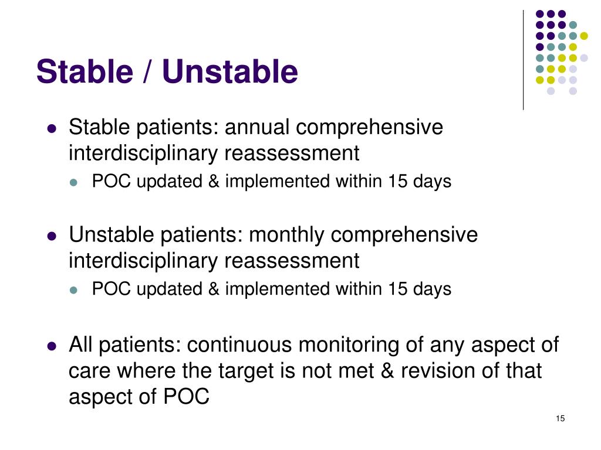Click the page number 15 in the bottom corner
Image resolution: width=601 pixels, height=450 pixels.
[559, 418]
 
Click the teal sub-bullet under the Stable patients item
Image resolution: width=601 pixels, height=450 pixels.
[74, 182]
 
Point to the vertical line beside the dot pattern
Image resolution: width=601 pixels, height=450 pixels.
[523, 59]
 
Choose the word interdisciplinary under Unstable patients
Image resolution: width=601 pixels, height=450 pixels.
[144, 261]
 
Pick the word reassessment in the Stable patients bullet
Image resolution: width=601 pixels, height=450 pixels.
[292, 154]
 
